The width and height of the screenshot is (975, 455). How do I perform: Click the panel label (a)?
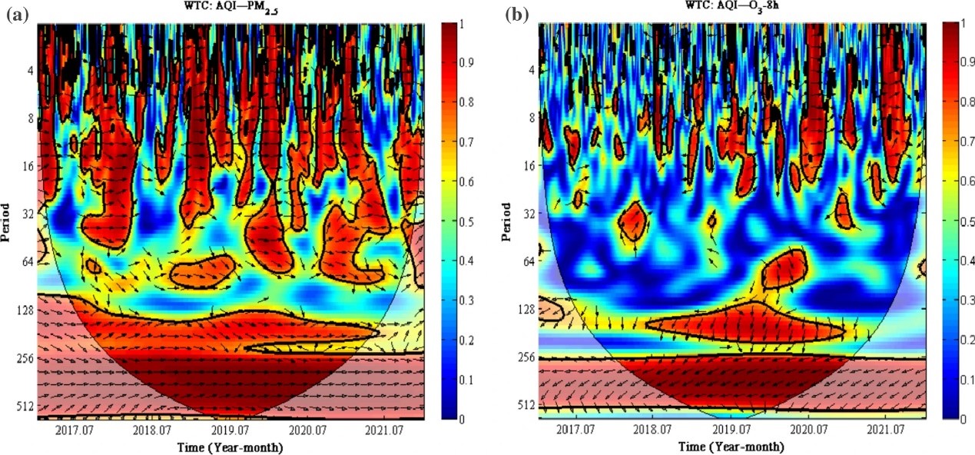[x=16, y=15]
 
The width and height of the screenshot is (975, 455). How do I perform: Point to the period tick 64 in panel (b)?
[x=526, y=262]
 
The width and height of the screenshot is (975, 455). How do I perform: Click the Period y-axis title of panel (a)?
[x=7, y=221]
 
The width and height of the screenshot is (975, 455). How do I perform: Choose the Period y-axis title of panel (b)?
[x=506, y=221]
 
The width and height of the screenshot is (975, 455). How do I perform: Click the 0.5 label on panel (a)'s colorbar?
[x=468, y=222]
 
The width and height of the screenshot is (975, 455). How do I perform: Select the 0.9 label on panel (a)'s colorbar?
[x=468, y=64]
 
